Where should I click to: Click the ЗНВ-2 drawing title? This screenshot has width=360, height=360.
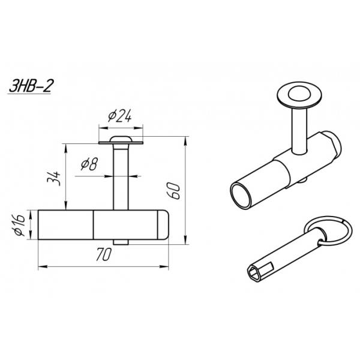click(x=31, y=86)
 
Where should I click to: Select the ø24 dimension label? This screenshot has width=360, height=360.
click(x=119, y=115)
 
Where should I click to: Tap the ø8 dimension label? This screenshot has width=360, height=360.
click(x=89, y=164)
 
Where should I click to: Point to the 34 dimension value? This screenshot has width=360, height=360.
click(x=54, y=178)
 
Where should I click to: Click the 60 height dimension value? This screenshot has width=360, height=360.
click(x=173, y=191)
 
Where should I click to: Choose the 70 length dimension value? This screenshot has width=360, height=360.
click(x=104, y=254)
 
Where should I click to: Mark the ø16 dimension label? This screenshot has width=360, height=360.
click(x=20, y=225)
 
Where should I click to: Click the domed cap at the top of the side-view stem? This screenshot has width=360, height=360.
click(x=121, y=139)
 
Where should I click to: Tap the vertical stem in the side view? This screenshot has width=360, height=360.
click(x=121, y=177)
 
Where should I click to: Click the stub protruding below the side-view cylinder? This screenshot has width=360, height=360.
click(x=121, y=242)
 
